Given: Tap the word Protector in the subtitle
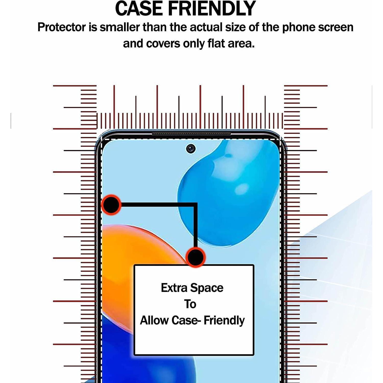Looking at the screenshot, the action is (x=62, y=27).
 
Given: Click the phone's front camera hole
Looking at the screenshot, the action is (x=191, y=148).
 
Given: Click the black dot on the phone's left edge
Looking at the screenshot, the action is (x=111, y=205).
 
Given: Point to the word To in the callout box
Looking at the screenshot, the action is (x=190, y=304).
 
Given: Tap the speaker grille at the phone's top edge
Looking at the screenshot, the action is (x=191, y=134).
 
